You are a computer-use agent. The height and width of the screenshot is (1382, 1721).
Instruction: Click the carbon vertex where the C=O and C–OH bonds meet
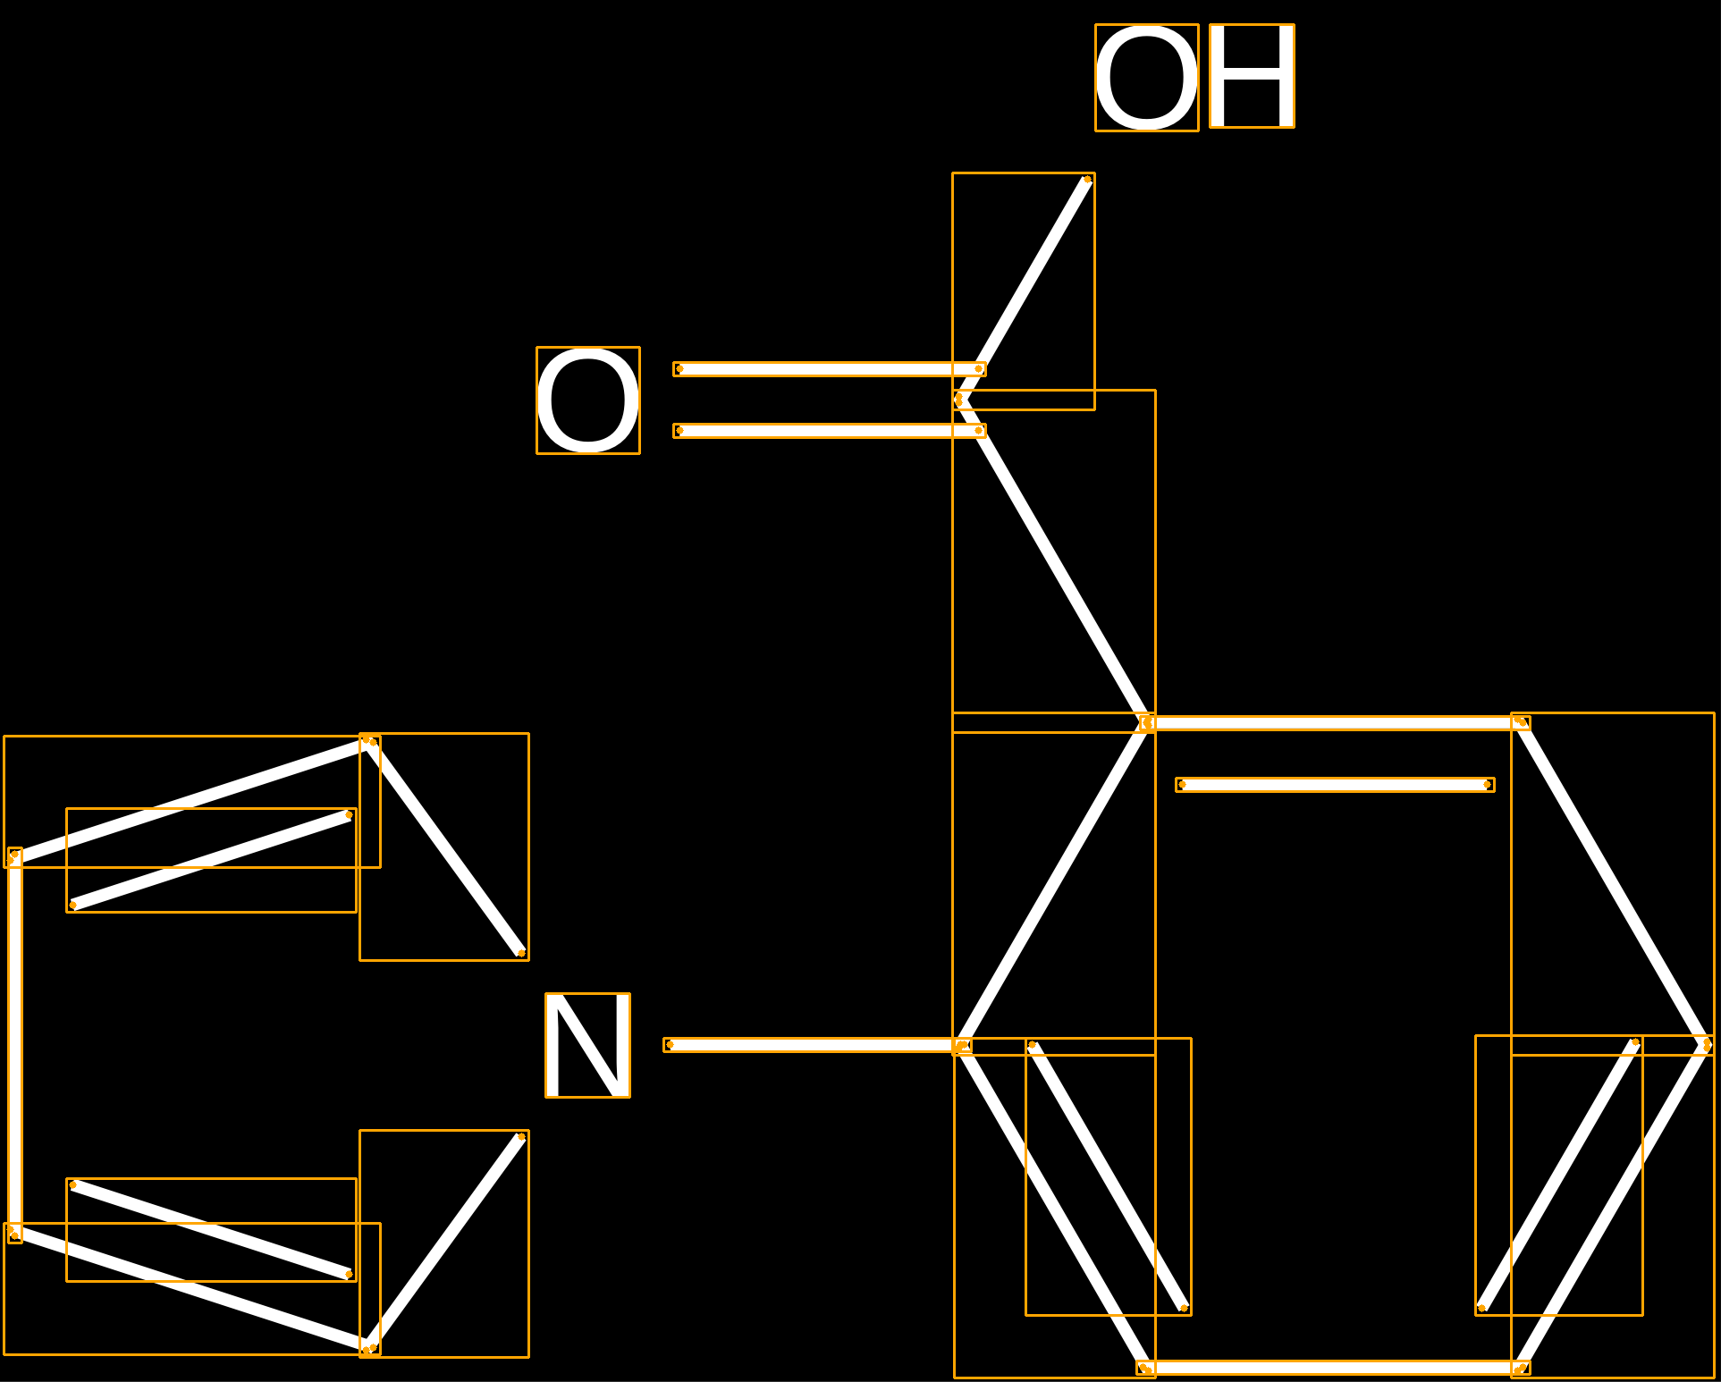pos(959,400)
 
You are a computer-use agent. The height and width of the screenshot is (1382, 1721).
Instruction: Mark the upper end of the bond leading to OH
pos(1087,180)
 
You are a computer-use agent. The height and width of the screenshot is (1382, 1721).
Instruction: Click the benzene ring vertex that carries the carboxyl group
pos(1147,722)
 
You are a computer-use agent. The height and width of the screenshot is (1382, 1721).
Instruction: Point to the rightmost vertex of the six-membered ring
pos(1707,1044)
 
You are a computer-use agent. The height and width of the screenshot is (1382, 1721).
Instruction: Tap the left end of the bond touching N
pos(670,1044)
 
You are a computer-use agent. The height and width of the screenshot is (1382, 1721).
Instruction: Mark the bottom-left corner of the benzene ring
pos(1144,1368)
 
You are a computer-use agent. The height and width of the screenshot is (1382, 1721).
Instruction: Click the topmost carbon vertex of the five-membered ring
pos(369,741)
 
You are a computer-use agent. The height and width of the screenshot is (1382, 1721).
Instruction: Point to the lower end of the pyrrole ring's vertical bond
pos(14,1234)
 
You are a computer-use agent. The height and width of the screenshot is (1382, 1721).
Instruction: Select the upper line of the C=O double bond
pos(830,369)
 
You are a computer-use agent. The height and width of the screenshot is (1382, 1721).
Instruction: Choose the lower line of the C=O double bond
pos(830,431)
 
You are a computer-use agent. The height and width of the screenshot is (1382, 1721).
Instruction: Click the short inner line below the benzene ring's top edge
pos(1335,785)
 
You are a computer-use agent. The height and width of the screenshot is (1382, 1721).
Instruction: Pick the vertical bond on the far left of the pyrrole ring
pos(14,1045)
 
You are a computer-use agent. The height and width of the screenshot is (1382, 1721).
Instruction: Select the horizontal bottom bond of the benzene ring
pos(1333,1368)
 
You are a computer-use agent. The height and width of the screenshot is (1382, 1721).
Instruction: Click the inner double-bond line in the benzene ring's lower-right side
pos(1558,1176)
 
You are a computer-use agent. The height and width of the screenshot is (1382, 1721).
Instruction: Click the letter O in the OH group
pos(1147,78)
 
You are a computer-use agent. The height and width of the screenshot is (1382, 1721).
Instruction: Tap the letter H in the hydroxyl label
pos(1252,76)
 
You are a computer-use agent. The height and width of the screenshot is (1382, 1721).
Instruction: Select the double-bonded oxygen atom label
pos(588,400)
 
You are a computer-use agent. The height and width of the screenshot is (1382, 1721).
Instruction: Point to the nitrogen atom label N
pos(587,1045)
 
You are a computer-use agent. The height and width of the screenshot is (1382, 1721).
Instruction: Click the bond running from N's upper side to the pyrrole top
pos(444,847)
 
